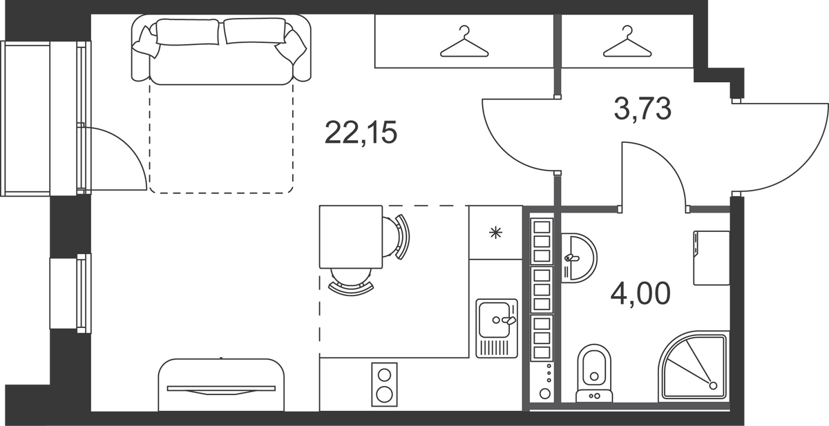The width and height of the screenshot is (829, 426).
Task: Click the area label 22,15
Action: (x=361, y=133)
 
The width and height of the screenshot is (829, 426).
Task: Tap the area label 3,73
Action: (x=642, y=108)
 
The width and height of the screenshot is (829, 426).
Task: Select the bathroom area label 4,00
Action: (x=640, y=293)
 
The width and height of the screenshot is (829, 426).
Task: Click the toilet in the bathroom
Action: (x=594, y=374)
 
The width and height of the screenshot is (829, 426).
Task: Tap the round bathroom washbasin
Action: (x=579, y=258)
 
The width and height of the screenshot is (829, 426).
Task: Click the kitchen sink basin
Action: (x=494, y=320)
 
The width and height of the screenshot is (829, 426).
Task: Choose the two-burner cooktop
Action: (x=384, y=385)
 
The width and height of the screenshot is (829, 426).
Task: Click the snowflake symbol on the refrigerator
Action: (x=495, y=233)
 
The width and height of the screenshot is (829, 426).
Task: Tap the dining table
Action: (x=351, y=237)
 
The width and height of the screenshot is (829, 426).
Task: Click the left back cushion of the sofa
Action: (x=187, y=32)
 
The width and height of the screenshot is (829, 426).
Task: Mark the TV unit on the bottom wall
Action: (x=221, y=385)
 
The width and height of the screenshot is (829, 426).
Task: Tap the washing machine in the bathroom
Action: (x=712, y=258)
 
